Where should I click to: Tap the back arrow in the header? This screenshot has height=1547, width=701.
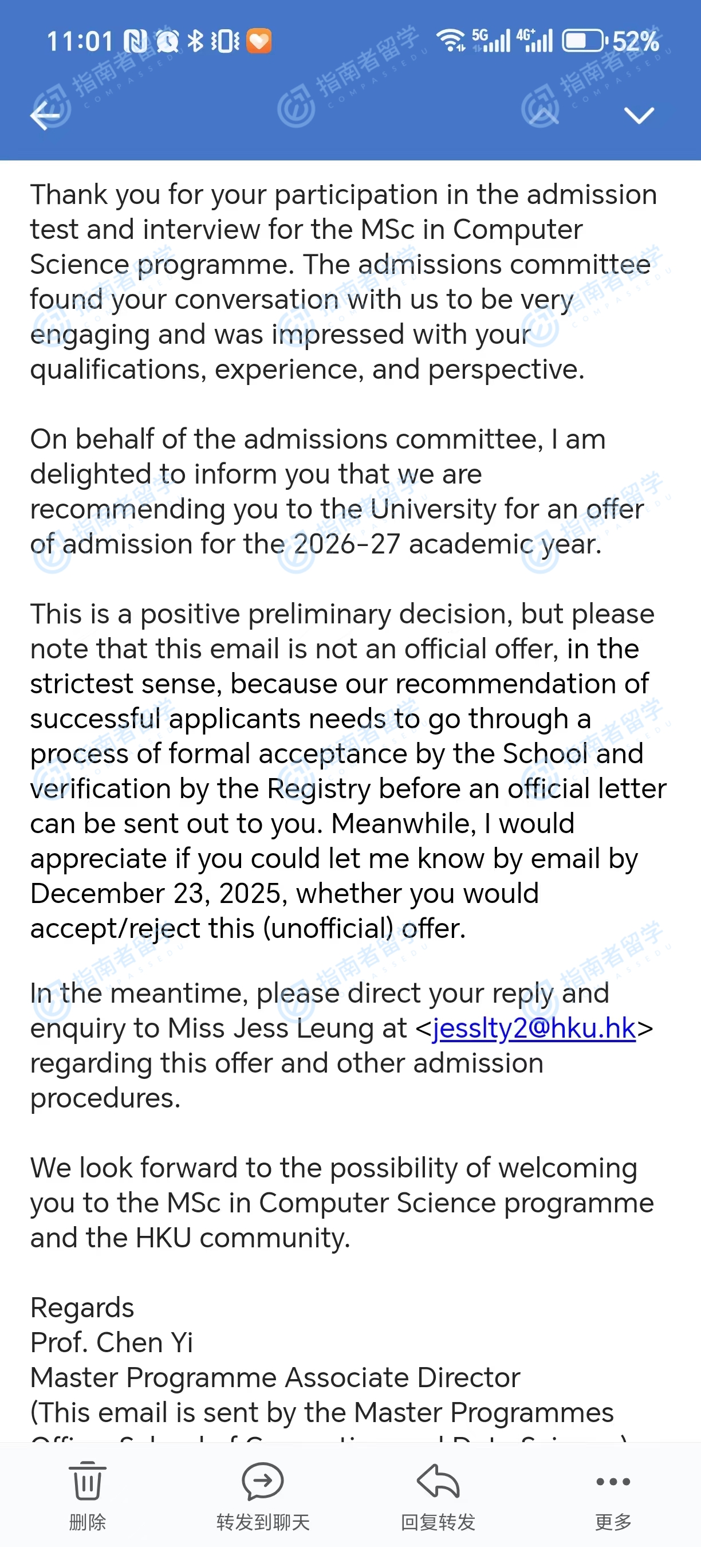tap(46, 115)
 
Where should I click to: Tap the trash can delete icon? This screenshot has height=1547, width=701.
tap(88, 1481)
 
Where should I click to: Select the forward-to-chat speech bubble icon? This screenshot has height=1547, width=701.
tap(263, 1481)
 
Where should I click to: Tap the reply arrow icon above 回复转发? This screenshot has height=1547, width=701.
tap(438, 1481)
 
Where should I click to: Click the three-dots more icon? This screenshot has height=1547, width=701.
tap(613, 1482)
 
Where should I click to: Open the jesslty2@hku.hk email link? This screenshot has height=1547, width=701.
tap(534, 1028)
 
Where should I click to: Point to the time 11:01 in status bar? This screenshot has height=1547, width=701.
tap(80, 41)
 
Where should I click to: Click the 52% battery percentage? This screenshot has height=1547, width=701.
tap(636, 41)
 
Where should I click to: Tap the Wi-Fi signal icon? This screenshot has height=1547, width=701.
tap(451, 40)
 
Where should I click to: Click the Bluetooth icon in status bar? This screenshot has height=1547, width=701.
tap(196, 41)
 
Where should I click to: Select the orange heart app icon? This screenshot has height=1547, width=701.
tap(259, 41)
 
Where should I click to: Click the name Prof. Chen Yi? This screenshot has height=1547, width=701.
tap(112, 1343)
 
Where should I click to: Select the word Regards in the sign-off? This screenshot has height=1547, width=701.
tap(82, 1308)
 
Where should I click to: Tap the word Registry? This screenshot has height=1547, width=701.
tap(318, 789)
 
